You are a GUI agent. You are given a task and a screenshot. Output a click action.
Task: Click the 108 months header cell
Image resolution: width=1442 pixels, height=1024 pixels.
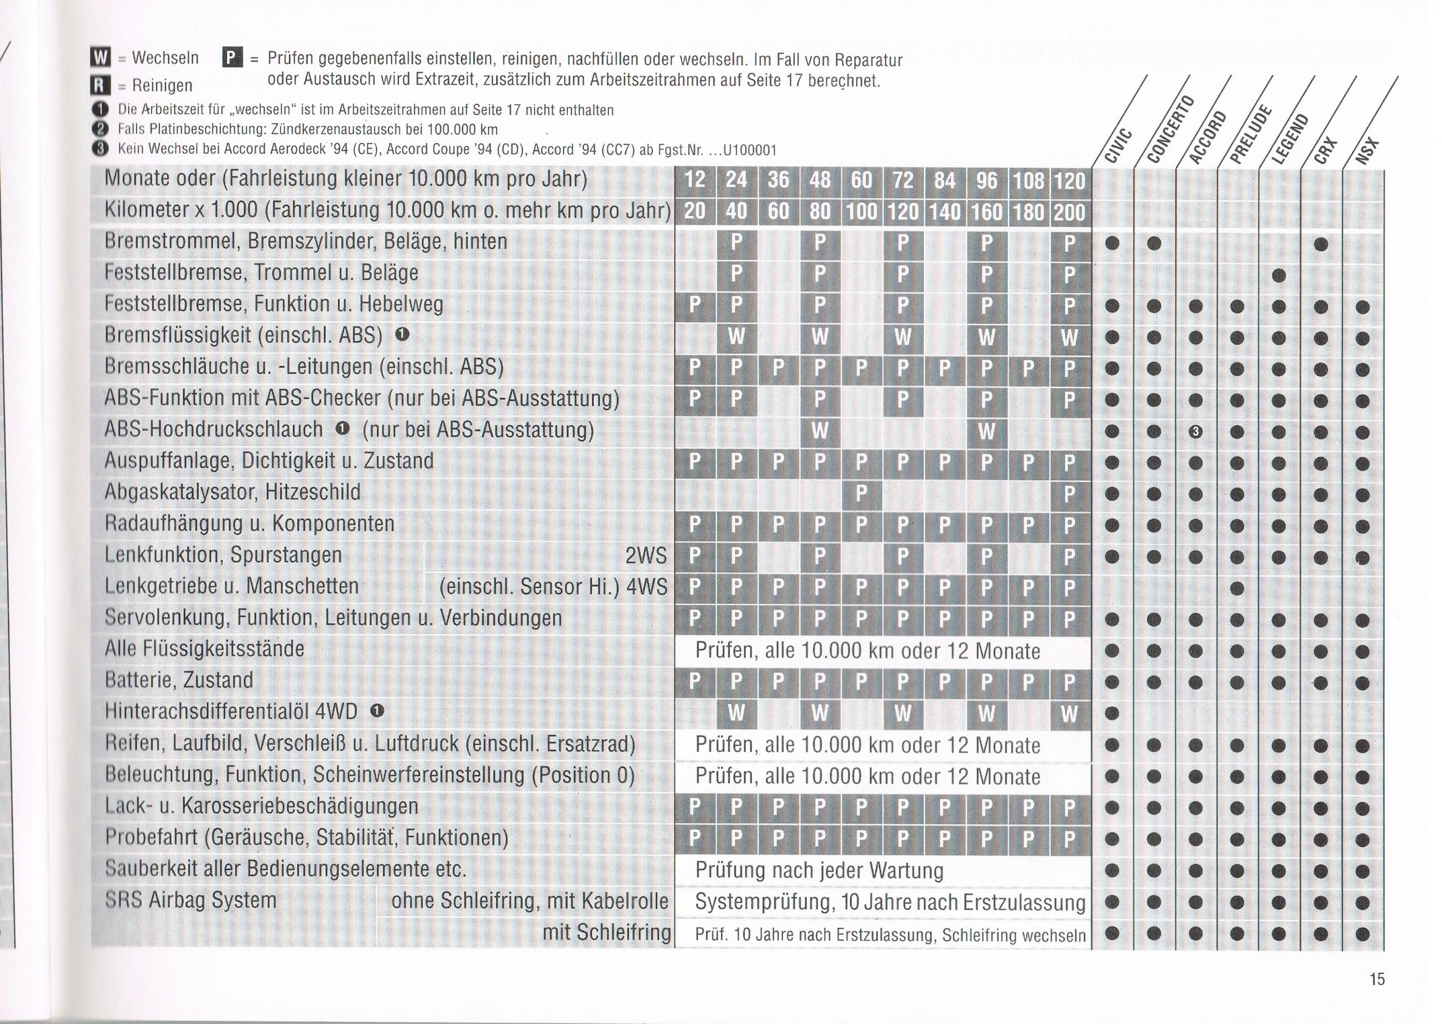(1028, 180)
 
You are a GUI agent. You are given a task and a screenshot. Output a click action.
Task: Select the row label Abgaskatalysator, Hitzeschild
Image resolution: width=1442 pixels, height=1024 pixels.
(233, 492)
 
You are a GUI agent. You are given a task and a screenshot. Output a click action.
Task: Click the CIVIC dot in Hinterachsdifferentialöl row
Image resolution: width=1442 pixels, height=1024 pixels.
(1112, 713)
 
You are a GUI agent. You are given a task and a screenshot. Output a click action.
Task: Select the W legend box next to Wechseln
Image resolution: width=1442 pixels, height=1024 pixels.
(100, 59)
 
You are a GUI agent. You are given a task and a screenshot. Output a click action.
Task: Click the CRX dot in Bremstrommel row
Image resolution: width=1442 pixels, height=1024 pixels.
(1321, 244)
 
